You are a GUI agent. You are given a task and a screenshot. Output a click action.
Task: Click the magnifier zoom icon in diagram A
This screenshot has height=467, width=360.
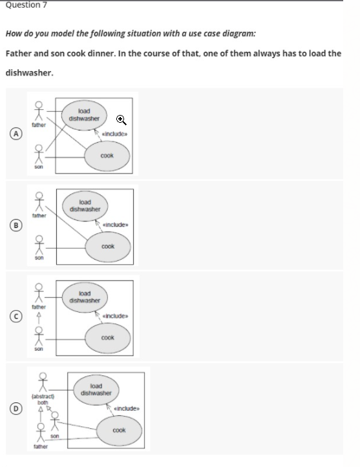[120, 119]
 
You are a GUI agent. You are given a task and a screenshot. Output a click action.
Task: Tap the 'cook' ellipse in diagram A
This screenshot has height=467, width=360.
[107, 156]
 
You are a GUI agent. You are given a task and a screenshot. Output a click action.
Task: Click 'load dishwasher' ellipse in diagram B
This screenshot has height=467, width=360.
[85, 205]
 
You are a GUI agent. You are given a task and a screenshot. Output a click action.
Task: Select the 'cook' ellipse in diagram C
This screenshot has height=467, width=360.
[107, 338]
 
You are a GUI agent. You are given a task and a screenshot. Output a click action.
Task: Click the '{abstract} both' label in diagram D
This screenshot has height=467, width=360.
[43, 399]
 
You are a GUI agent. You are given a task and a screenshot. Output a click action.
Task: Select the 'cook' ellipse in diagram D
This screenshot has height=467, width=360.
[119, 430]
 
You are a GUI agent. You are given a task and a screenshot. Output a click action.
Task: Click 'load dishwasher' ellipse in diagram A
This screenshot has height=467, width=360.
[84, 115]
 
